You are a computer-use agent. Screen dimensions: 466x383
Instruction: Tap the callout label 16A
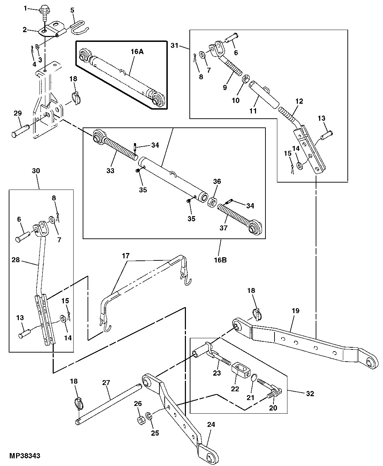click(137, 52)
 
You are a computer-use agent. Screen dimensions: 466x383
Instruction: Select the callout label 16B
click(220, 260)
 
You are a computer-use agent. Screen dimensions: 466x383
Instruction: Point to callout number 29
click(17, 113)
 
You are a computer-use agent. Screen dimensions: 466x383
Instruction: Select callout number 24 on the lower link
click(211, 425)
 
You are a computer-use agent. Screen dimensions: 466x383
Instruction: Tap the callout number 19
click(295, 311)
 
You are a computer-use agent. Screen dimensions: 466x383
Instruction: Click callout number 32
click(310, 394)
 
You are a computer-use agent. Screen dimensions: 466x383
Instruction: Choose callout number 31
click(175, 45)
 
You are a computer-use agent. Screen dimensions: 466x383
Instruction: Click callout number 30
click(36, 171)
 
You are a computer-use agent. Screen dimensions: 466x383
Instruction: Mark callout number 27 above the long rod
click(106, 383)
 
